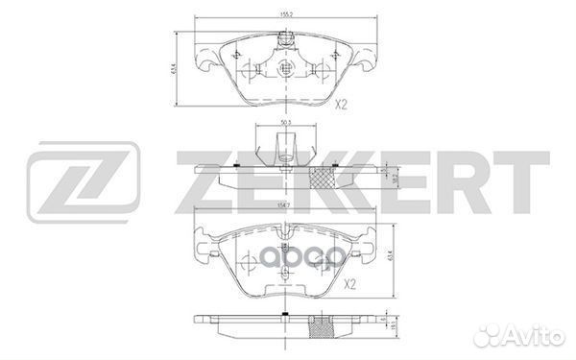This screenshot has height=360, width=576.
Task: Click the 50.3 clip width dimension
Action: [x=284, y=123]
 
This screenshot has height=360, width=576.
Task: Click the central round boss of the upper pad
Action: [x=285, y=70]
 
